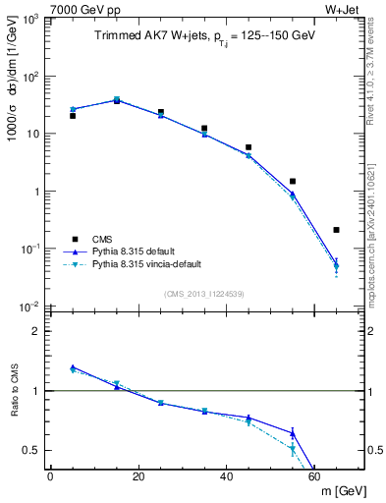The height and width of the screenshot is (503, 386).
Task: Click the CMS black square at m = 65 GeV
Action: pyautogui.click(x=337, y=230)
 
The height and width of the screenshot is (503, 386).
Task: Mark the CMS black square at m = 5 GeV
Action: pyautogui.click(x=73, y=116)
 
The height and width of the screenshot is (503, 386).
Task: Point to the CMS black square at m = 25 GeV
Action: pyautogui.click(x=161, y=112)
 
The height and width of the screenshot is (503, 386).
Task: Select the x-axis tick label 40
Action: pyautogui.click(x=227, y=476)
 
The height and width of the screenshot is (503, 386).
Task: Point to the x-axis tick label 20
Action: pyautogui.click(x=138, y=476)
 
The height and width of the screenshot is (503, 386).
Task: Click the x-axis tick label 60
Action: pyautogui.click(x=314, y=476)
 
